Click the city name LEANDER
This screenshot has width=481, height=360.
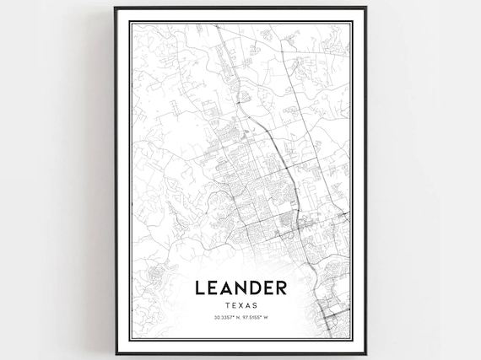(240, 288)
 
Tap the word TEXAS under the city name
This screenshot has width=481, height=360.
(240, 304)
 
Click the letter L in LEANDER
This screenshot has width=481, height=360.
(200, 288)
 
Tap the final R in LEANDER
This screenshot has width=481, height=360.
(281, 288)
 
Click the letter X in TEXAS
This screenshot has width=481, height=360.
(240, 304)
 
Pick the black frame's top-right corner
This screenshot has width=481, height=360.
(365, 8)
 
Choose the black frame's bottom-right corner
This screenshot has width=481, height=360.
(365, 354)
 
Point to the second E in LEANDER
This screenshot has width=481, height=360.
(266, 288)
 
